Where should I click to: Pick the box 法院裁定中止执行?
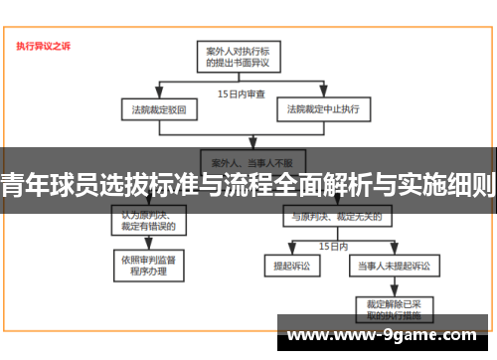322,107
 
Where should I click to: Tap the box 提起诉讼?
286,266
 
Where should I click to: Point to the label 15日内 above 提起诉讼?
333,244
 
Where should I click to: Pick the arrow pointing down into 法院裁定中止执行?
322,93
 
